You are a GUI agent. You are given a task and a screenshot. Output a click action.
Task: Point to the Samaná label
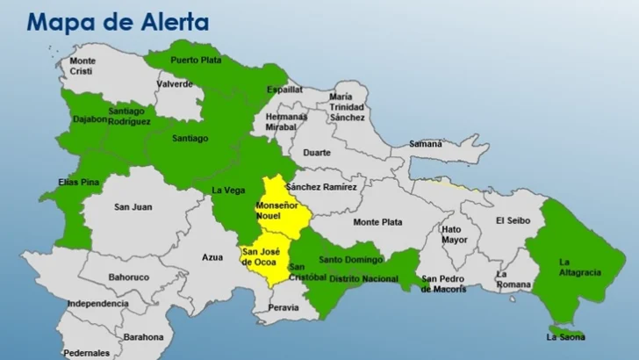click(x=425, y=143)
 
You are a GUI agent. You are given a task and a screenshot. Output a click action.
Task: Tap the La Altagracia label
click(x=579, y=267)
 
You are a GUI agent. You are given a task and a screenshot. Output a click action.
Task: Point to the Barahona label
click(x=143, y=336)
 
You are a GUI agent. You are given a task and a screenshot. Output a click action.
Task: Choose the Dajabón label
click(x=91, y=118)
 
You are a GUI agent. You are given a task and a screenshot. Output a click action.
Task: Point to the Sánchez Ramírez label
click(x=321, y=187)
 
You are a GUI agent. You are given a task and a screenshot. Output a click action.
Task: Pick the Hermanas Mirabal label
click(x=286, y=121)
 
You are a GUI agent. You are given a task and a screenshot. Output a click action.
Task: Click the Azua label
click(x=212, y=258)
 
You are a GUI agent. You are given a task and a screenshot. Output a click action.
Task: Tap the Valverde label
click(x=175, y=83)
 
